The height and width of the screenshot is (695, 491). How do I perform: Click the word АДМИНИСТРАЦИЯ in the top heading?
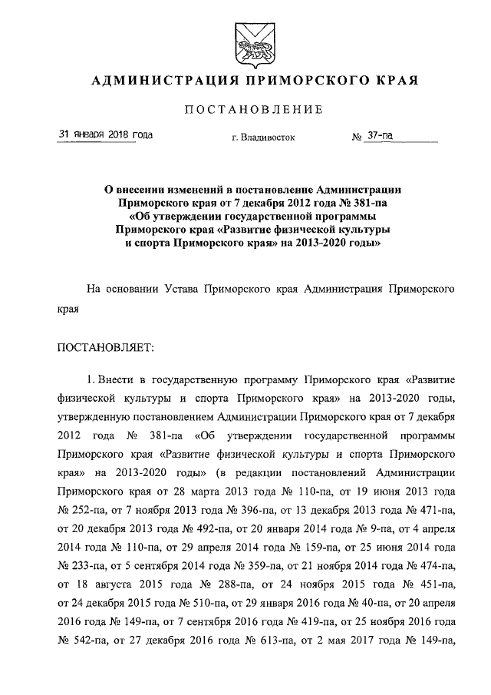[150, 81]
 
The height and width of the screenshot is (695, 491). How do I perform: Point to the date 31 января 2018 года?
[105, 135]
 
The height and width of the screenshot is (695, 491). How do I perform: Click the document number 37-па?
[379, 135]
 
